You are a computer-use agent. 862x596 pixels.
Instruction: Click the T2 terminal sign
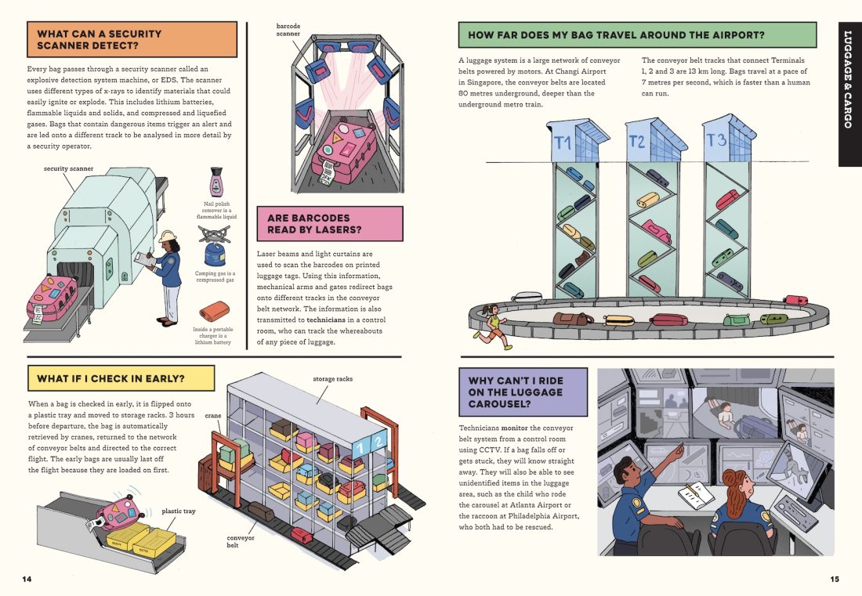click(638, 142)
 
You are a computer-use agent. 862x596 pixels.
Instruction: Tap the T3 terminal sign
click(716, 140)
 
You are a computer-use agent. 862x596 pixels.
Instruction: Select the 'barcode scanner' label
click(288, 31)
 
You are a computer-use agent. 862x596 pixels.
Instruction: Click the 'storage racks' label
click(332, 379)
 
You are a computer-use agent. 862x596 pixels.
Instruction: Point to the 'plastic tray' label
click(179, 511)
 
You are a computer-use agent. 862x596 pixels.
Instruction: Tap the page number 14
click(27, 580)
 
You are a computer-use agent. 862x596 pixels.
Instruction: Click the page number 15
click(834, 580)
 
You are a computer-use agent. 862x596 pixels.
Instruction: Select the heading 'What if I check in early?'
click(110, 379)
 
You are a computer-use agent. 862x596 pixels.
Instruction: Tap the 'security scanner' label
click(68, 168)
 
